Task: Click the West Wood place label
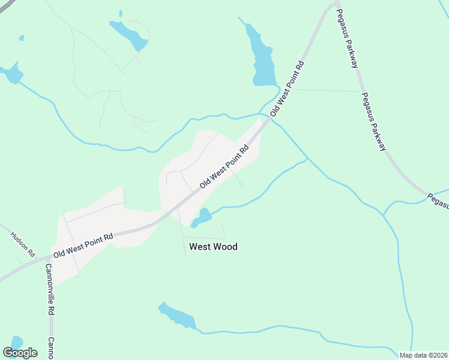pos(213,247)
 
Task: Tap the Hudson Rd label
pos(22,243)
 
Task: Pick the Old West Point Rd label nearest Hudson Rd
pos(83,245)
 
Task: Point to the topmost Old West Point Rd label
pos(288,89)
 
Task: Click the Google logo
pos(20,353)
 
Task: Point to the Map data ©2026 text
pos(423,355)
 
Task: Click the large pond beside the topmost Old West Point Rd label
pos(262,57)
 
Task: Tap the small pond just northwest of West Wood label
pos(202,217)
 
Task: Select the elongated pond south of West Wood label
pos(178,316)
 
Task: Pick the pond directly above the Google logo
pos(16,342)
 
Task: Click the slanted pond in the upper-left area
pos(128,34)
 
